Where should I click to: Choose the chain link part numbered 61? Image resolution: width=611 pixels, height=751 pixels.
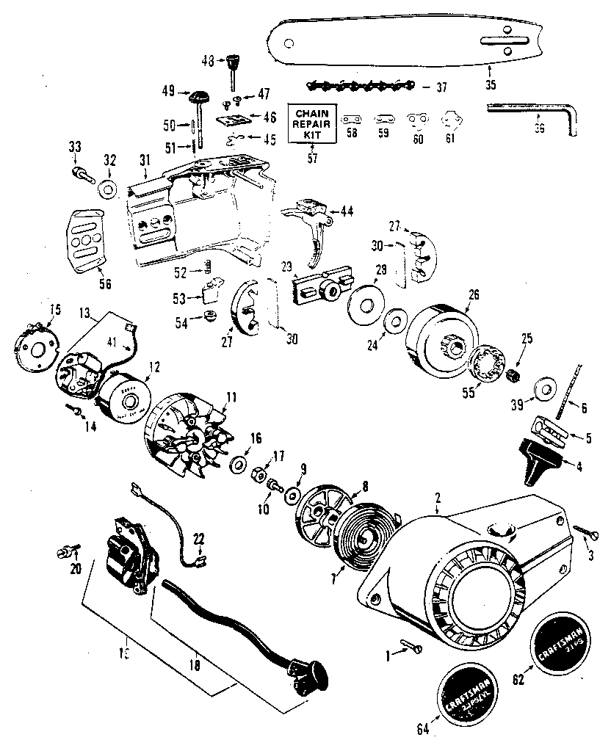[x=450, y=120]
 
